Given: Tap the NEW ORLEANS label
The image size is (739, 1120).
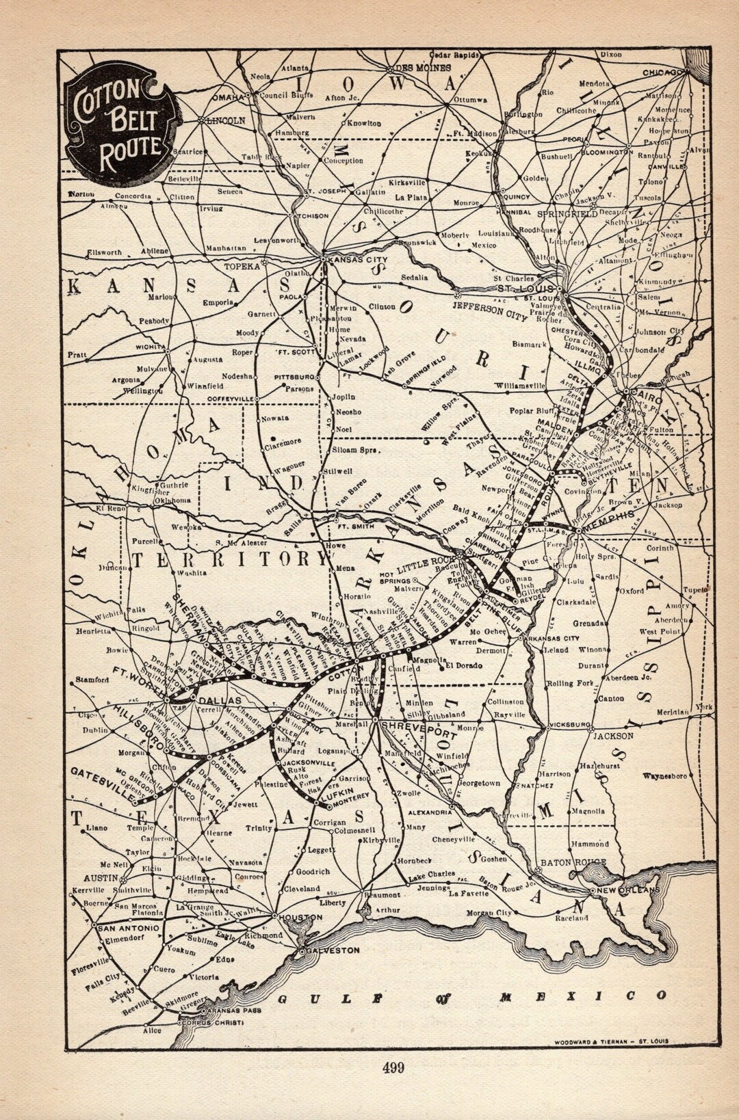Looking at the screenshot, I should point(627,890).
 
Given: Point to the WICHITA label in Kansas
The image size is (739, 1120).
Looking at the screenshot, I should point(151,345).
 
